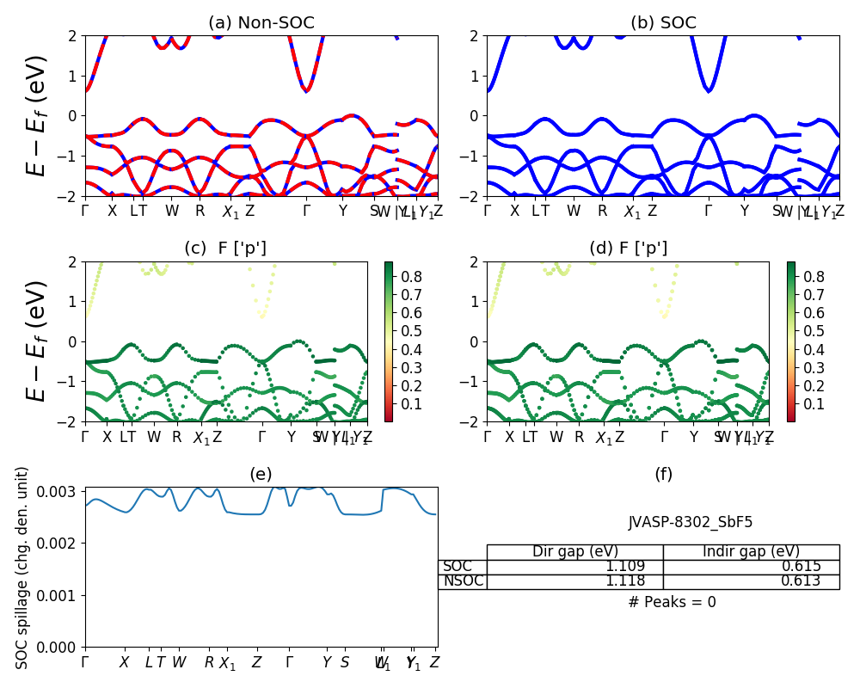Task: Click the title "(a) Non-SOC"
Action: (261, 23)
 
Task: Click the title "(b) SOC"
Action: (663, 23)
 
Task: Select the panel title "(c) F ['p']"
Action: (225, 249)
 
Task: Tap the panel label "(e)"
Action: (261, 474)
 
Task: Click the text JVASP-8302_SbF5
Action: (691, 522)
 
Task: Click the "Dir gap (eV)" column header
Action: (574, 552)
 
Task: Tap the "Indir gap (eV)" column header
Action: (751, 552)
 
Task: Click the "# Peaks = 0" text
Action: (672, 602)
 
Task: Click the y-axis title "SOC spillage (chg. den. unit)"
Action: (22, 568)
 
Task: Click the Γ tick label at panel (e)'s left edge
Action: (85, 662)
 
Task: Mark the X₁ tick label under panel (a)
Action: (230, 212)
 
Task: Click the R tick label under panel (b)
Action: (602, 211)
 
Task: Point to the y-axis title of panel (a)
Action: (36, 115)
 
